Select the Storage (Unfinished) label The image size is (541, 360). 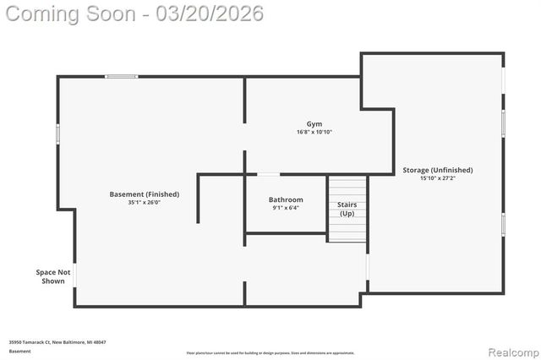(x=437, y=170)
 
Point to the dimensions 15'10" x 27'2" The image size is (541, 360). (x=437, y=178)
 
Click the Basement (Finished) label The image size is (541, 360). (x=145, y=194)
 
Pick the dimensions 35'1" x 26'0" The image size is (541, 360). (x=145, y=203)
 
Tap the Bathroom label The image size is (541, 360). (x=287, y=199)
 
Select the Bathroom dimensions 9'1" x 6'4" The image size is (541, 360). (x=287, y=208)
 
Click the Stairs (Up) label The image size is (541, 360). (x=347, y=209)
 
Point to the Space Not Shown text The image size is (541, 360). (x=52, y=276)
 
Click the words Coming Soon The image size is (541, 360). (x=71, y=14)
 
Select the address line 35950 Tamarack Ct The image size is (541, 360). (x=57, y=342)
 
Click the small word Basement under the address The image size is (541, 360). (x=19, y=350)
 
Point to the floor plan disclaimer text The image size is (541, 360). (x=270, y=353)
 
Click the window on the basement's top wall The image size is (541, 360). (x=122, y=77)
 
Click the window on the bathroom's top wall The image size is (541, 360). (x=269, y=174)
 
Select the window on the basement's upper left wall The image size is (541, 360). (x=58, y=134)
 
